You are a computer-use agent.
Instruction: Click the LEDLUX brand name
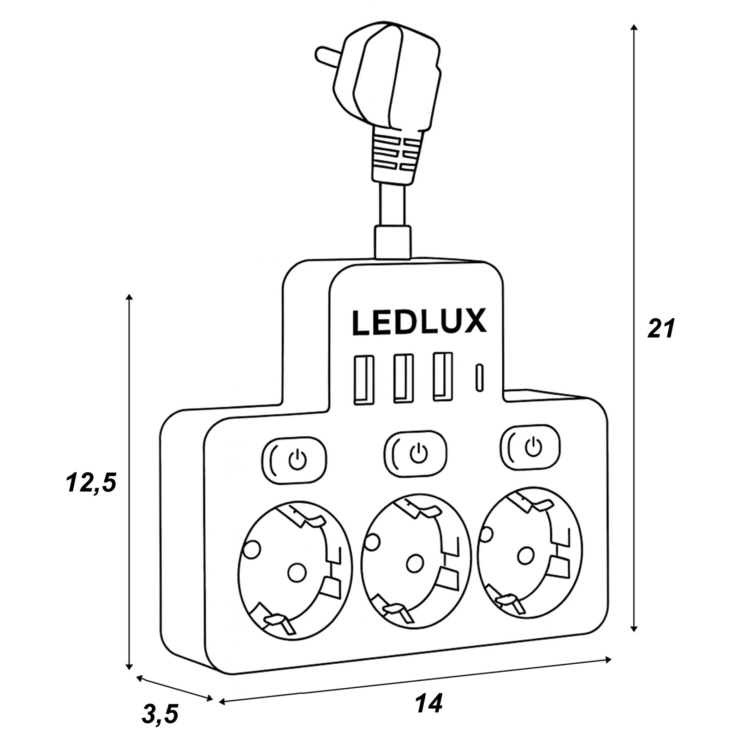pyautogui.click(x=419, y=322)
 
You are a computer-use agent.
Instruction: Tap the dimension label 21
pyautogui.click(x=661, y=329)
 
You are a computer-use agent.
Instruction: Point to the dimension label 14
pyautogui.click(x=429, y=703)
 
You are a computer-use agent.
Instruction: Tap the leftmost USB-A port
pyautogui.click(x=363, y=380)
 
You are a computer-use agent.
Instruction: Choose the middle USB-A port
pyautogui.click(x=403, y=378)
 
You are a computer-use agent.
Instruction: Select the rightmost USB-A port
pyautogui.click(x=442, y=376)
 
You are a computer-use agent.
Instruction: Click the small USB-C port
pyautogui.click(x=479, y=378)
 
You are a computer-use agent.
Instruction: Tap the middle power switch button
pyautogui.click(x=416, y=454)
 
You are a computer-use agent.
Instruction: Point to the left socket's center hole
pyautogui.click(x=297, y=572)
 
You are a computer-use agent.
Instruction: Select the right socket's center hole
pyautogui.click(x=526, y=555)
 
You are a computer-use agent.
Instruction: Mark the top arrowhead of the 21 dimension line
pyautogui.click(x=634, y=27)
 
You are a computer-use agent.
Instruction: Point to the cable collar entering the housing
pyautogui.click(x=392, y=242)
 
